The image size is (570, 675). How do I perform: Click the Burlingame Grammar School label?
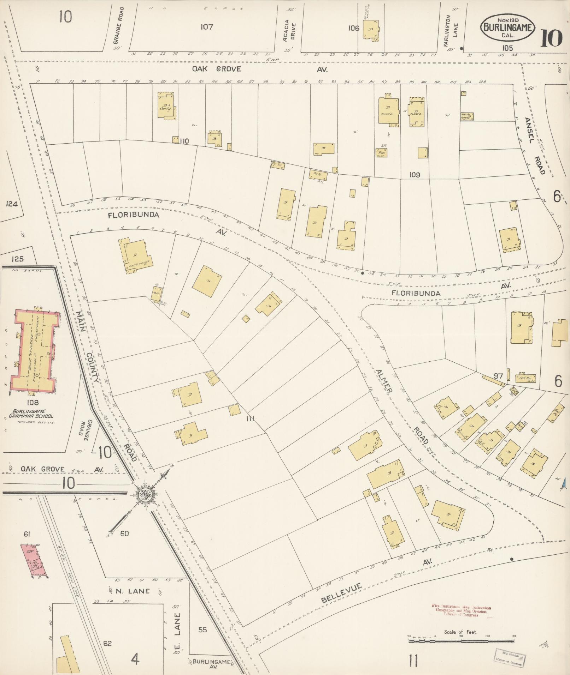tap(33, 413)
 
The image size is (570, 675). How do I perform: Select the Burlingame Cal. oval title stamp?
tap(507, 27)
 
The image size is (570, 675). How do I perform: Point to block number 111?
tap(251, 419)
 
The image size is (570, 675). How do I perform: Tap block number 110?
tap(184, 141)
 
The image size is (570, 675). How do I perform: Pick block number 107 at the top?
tap(206, 27)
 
